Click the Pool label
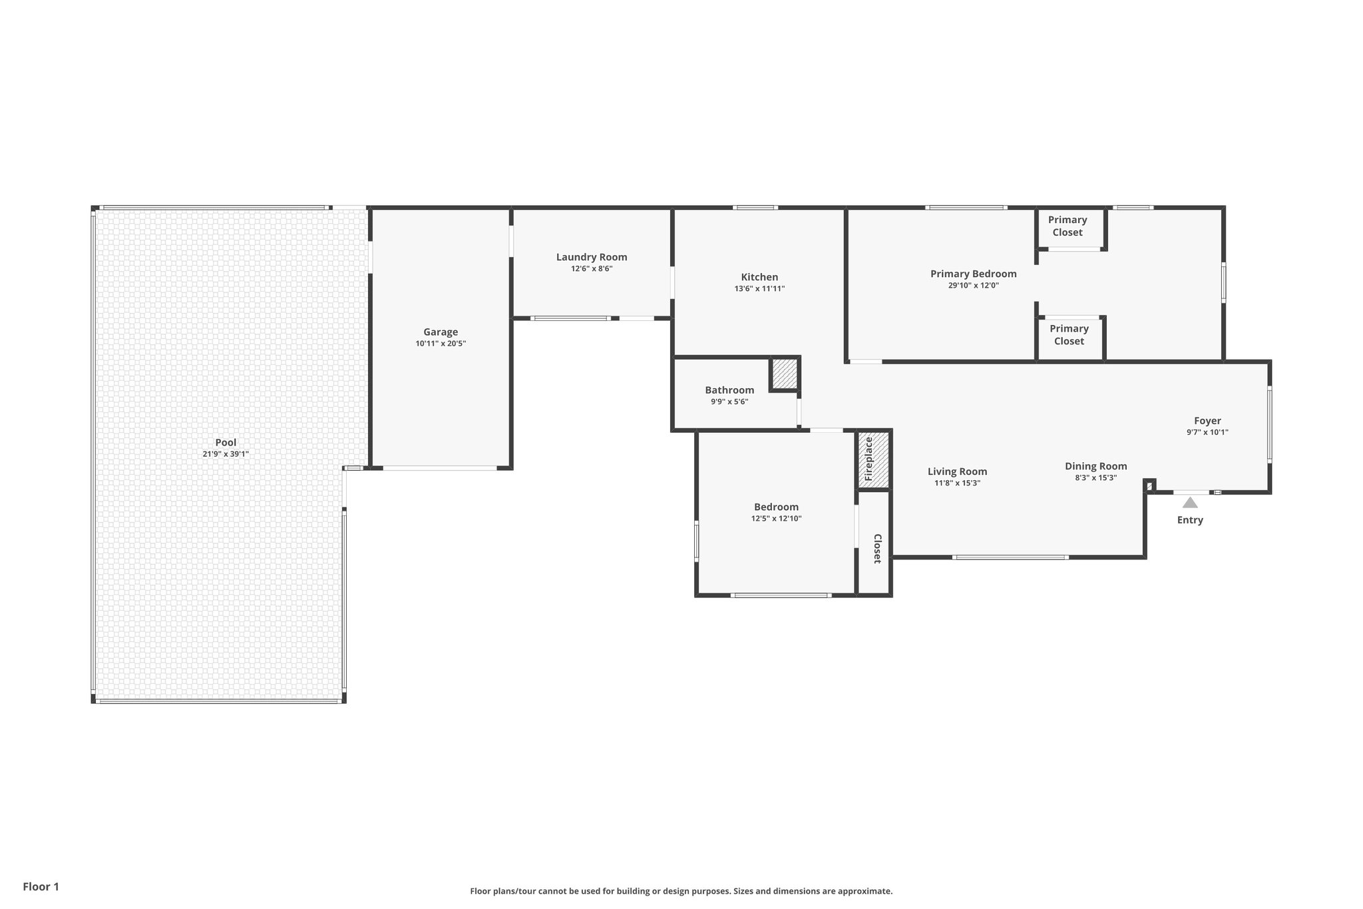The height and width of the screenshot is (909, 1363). (x=226, y=442)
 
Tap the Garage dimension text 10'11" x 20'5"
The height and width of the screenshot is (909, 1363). (x=441, y=344)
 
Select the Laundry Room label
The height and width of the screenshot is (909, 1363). (x=592, y=257)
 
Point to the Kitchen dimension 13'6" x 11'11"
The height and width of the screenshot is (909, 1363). (x=759, y=289)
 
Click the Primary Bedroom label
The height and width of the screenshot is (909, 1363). (x=973, y=274)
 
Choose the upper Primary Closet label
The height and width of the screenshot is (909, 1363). (x=1068, y=226)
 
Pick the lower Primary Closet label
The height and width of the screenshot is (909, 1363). (x=1069, y=334)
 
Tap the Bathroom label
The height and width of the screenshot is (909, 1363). (x=729, y=390)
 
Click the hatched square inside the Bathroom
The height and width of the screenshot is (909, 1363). (x=785, y=374)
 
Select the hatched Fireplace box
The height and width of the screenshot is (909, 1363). (x=873, y=459)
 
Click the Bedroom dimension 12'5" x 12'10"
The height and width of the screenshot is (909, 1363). (x=776, y=519)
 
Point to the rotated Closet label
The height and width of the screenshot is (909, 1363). (x=877, y=549)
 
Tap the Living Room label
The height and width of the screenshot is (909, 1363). (x=957, y=471)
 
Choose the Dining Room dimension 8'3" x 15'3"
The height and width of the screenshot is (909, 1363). (x=1095, y=477)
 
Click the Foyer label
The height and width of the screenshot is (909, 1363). (x=1207, y=421)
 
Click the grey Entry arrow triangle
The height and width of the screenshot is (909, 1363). (x=1190, y=503)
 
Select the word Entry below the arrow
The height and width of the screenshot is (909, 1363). (x=1190, y=520)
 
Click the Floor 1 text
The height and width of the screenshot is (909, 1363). (x=41, y=886)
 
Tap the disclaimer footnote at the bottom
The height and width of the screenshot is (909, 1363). (x=681, y=891)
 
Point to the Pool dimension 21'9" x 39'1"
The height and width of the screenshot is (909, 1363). (x=226, y=454)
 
